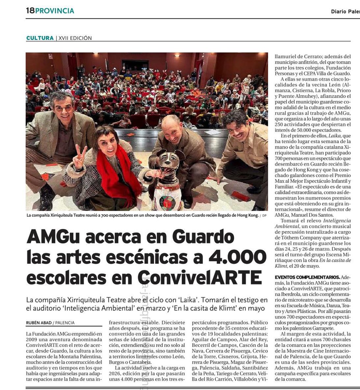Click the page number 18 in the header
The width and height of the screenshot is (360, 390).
[x=30, y=11]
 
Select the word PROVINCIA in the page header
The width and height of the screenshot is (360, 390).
[x=55, y=11]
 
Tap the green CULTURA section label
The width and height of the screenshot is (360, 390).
[x=40, y=38]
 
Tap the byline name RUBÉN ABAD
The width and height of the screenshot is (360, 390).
[x=38, y=323]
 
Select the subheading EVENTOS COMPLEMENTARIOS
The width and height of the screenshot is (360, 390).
[x=307, y=277]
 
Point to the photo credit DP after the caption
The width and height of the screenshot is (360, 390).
[x=264, y=216]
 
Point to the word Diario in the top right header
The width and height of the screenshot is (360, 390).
[x=338, y=12]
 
